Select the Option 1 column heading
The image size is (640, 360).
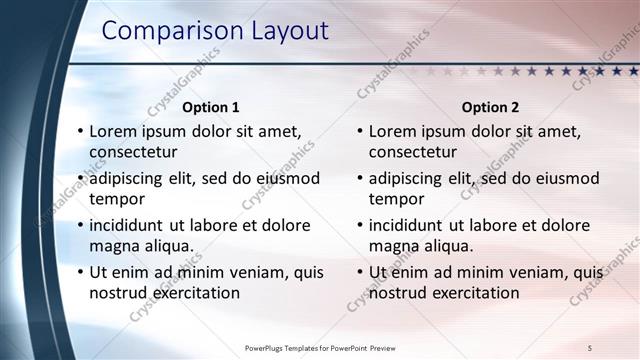pos(210,107)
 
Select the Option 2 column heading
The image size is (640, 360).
pos(490,107)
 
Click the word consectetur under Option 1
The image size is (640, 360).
pos(134,153)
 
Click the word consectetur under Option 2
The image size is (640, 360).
pos(413,153)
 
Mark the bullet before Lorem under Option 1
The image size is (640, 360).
pos(80,132)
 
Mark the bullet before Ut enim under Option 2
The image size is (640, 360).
pos(359,272)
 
